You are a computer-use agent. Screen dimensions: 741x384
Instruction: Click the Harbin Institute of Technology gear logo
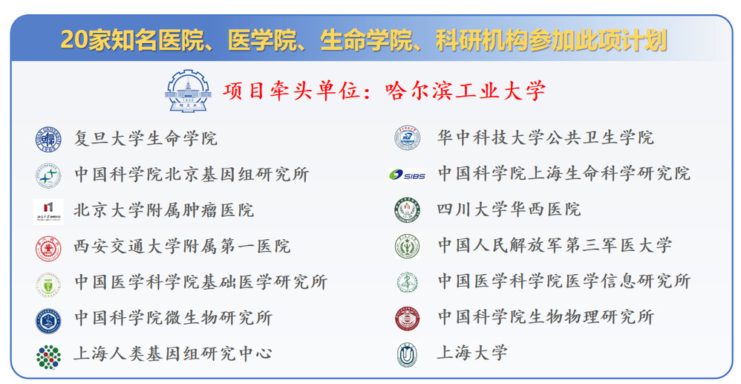188,91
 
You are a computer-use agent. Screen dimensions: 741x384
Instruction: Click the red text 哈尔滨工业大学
466,91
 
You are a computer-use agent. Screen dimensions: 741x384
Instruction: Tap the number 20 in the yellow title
74,39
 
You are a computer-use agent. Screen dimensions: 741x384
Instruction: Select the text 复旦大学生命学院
146,139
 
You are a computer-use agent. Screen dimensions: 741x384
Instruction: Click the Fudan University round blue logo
48,139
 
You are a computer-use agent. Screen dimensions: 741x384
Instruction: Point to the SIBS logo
408,175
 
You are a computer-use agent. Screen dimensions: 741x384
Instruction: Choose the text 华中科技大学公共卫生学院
545,137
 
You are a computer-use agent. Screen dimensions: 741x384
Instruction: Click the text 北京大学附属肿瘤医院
164,210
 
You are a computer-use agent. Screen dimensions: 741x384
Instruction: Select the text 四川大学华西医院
509,209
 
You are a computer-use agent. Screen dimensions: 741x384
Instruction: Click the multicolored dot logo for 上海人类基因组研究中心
48,357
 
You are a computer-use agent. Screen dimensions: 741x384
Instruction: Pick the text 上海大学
472,353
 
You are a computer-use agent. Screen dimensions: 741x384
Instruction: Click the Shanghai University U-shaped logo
407,355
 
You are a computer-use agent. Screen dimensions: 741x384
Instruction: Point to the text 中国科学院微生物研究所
173,318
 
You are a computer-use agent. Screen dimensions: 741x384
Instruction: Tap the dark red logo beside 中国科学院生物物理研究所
408,318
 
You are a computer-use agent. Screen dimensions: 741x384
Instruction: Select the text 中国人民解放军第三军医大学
555,245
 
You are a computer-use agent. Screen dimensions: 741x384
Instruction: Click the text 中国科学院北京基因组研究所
192,175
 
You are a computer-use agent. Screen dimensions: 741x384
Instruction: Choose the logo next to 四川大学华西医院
408,210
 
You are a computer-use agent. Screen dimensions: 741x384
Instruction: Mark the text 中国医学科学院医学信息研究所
564,281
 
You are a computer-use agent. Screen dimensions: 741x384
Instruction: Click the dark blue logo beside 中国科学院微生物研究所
48,321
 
